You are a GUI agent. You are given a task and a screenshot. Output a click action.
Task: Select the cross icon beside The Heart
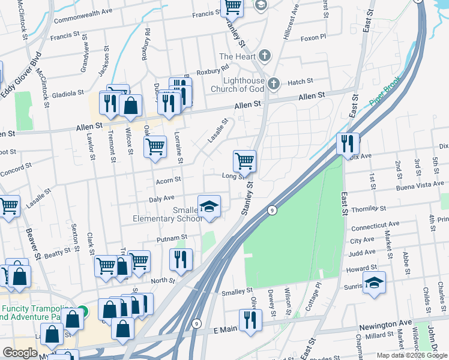pyautogui.click(x=264, y=56)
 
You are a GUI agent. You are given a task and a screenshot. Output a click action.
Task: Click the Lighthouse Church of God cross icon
pyautogui.click(x=274, y=83)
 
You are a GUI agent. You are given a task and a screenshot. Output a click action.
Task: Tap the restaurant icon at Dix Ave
pyautogui.click(x=348, y=145)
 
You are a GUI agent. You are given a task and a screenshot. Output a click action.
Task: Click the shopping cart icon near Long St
pyautogui.click(x=244, y=161)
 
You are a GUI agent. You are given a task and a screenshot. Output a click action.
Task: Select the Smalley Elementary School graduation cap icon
pyautogui.click(x=208, y=207)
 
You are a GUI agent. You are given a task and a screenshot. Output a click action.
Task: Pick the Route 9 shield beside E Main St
pyautogui.click(x=196, y=324)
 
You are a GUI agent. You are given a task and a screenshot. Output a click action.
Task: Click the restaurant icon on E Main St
pyautogui.click(x=250, y=320)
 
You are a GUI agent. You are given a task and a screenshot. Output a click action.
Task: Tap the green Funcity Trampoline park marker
pyautogui.click(x=85, y=311)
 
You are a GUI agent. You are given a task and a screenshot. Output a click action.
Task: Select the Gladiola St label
pyautogui.click(x=67, y=94)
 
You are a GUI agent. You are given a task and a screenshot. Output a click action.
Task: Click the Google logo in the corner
pyautogui.click(x=20, y=353)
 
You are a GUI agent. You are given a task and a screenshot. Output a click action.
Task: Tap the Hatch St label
pyautogui.click(x=300, y=81)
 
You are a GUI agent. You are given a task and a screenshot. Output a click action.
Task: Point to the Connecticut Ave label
pyautogui.click(x=375, y=226)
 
